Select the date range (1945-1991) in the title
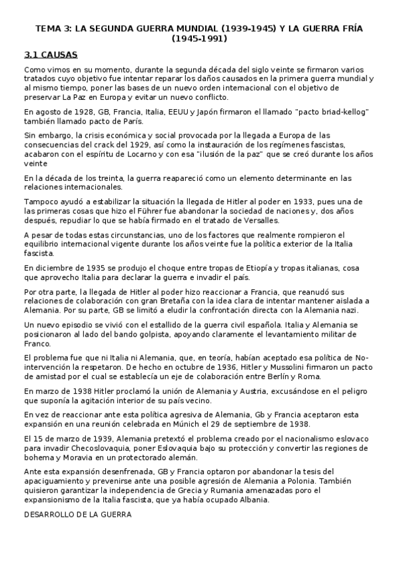pyautogui.click(x=199, y=39)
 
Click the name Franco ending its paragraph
pyautogui.click(x=37, y=344)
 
